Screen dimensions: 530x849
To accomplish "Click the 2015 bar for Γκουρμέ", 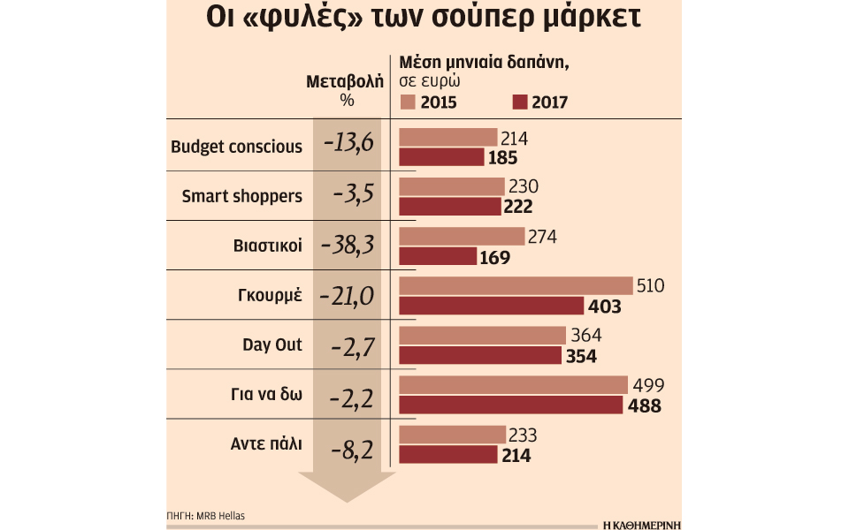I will coord(516,286).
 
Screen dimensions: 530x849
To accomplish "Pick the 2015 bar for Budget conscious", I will coord(448,138).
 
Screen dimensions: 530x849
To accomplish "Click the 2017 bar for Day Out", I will coord(480,355).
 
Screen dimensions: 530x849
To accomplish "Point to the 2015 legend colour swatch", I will coord(407,102).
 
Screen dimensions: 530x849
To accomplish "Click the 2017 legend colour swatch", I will coord(519,102).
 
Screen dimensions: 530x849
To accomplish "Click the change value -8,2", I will coord(348,444).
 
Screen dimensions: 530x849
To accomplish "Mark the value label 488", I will coord(645,405).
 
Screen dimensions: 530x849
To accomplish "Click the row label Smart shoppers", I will coord(241,196).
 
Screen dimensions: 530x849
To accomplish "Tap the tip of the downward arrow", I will coord(345,500).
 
